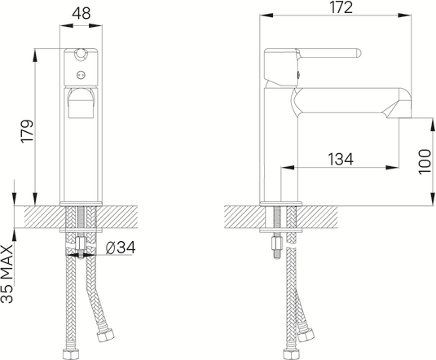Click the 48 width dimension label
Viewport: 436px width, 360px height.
[x=81, y=13]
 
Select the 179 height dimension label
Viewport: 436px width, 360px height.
[x=27, y=132]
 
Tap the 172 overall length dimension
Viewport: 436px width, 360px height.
[x=341, y=7]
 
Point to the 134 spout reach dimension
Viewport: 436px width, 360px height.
[x=341, y=159]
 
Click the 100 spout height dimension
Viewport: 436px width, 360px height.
[x=425, y=162]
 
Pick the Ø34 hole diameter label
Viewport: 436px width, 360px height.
[x=121, y=248]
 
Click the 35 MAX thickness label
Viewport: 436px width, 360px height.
[x=7, y=274]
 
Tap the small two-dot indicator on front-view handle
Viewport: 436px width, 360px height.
[x=81, y=75]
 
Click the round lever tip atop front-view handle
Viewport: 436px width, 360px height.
[x=81, y=54]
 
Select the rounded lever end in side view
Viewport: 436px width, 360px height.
[x=358, y=54]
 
